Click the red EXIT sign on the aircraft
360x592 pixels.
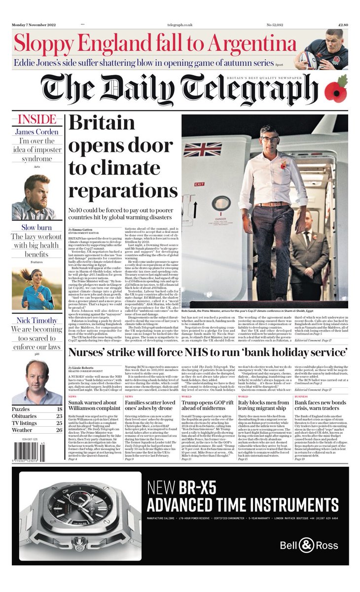click(x=199, y=184)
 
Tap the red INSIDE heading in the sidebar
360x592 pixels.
click(x=36, y=120)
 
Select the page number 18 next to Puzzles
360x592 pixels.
click(x=59, y=409)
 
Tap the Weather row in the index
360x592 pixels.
click(x=37, y=431)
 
